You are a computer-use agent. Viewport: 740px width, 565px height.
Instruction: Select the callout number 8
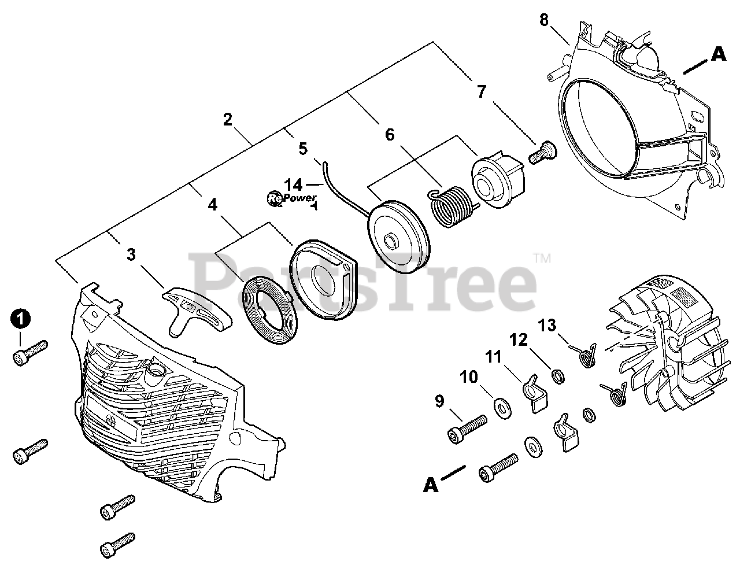(544, 20)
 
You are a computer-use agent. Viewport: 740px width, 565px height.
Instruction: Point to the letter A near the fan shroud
(717, 54)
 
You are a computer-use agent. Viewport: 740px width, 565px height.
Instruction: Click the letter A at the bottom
(430, 485)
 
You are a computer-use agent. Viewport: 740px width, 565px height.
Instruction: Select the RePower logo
(292, 200)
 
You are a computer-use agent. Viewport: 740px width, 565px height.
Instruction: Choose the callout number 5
(303, 149)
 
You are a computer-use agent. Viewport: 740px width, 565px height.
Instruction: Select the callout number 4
(213, 204)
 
